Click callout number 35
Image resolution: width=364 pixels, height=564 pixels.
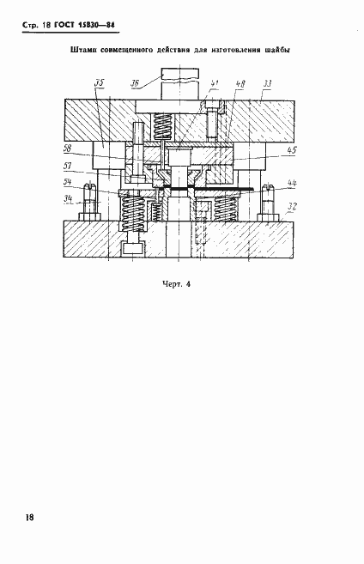pos(100,82)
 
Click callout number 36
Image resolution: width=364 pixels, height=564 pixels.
pos(134,83)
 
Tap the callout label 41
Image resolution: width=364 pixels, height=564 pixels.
pos(215,83)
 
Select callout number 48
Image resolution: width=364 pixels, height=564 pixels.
pos(240,84)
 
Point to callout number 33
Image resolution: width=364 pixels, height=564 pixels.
pos(267,84)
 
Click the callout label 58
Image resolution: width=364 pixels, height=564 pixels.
pos(67,148)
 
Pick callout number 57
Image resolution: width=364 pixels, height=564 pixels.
pos(67,166)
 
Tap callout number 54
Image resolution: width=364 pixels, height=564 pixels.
pos(67,182)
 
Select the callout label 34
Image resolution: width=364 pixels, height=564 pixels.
pos(68,198)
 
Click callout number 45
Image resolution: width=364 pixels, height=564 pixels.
pos(292,149)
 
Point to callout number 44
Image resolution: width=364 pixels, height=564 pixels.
pos(292,183)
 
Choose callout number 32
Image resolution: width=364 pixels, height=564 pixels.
pos(292,207)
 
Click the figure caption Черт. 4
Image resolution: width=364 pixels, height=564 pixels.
pos(176,284)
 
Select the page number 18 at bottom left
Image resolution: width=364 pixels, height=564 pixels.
pos(29,518)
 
